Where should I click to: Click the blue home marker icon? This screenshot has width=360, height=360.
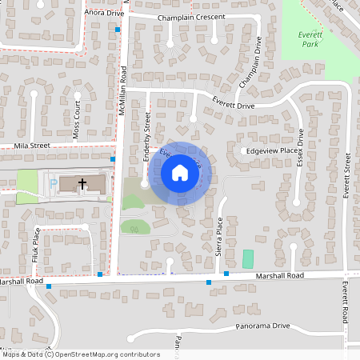pos(180,173)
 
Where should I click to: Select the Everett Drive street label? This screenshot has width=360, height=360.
pos(233,104)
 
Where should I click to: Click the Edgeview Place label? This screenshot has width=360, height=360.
pos(273,150)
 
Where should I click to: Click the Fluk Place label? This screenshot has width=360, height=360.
pos(36,246)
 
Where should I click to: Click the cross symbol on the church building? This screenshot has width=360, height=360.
pos(82,184)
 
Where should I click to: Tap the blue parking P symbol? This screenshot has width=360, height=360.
pos(53,184)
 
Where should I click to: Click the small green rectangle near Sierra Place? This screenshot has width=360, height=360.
pos(248,258)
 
